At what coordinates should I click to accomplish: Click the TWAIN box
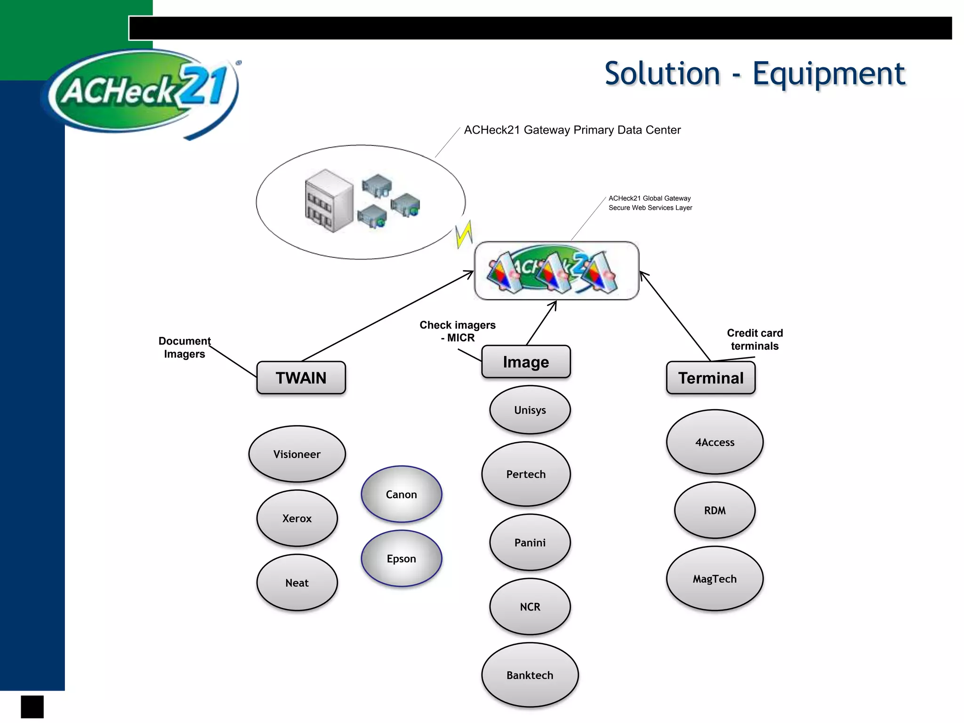click(301, 378)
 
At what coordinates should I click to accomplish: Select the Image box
click(526, 361)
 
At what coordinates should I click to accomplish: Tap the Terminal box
click(711, 378)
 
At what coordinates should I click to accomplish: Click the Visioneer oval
click(297, 454)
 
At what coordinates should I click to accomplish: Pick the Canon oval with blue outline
click(402, 494)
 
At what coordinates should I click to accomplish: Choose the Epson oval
click(402, 558)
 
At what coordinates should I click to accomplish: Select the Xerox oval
click(297, 518)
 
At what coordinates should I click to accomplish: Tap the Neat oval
click(297, 582)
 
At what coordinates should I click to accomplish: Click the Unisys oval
click(530, 410)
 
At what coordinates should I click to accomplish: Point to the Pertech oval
click(526, 474)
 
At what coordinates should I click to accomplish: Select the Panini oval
click(530, 542)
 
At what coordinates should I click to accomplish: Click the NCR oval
click(530, 607)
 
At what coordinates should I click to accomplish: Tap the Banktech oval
click(530, 675)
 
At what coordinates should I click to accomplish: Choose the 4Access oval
click(715, 442)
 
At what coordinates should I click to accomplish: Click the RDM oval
click(715, 510)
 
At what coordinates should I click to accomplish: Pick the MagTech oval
click(715, 578)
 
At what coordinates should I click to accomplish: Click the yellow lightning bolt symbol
click(464, 234)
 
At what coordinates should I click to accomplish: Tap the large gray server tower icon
click(329, 201)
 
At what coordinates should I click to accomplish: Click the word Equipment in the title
click(828, 74)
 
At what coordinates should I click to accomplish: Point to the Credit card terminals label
click(755, 339)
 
